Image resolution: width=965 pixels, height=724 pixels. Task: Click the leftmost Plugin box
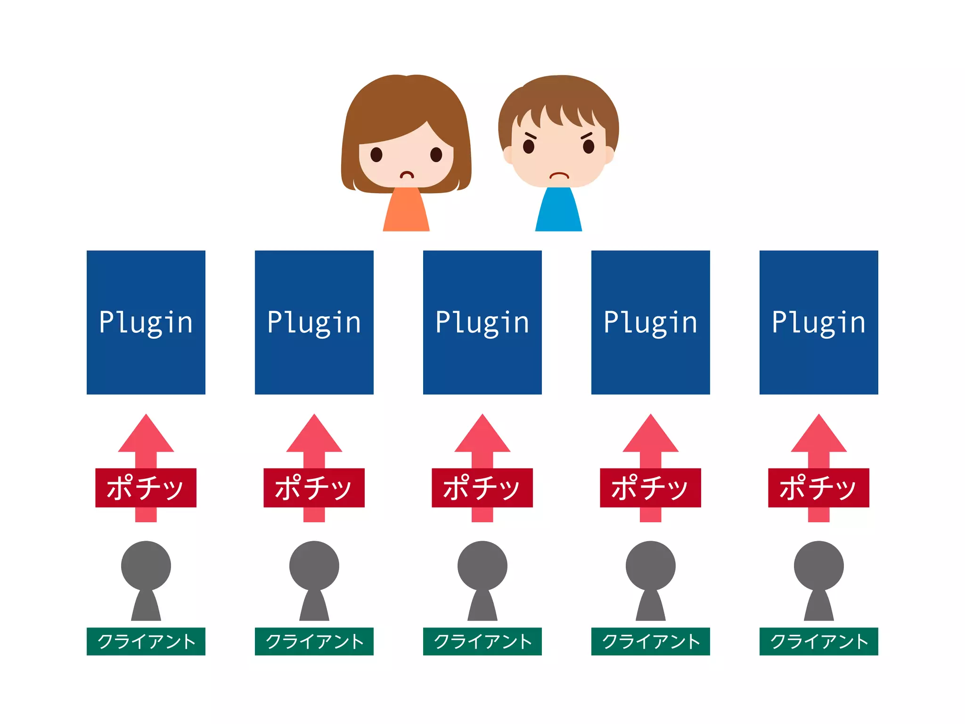[x=146, y=322]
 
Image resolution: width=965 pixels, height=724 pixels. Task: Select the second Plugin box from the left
[x=314, y=322]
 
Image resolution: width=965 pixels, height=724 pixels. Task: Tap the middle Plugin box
[x=482, y=322]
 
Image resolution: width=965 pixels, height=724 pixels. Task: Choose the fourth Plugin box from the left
[x=650, y=322]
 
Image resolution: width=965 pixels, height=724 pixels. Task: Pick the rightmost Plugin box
[x=818, y=322]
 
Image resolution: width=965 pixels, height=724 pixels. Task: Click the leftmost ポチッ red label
[x=146, y=487]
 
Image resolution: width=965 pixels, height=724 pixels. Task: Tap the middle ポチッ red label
[x=482, y=487]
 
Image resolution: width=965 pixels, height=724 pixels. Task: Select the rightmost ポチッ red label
[x=818, y=487]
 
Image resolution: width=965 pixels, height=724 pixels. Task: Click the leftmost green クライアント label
[x=146, y=641]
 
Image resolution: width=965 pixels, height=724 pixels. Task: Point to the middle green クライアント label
[x=482, y=641]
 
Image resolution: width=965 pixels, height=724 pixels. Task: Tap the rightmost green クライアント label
[x=818, y=641]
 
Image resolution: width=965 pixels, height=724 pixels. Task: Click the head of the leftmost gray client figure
[x=146, y=565]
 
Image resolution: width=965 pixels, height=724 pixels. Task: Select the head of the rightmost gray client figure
[x=818, y=565]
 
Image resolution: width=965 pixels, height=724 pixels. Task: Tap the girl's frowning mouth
[x=407, y=175]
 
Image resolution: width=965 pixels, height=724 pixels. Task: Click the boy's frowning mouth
[x=559, y=175]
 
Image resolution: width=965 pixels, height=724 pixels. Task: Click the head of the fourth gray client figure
[x=650, y=565]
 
